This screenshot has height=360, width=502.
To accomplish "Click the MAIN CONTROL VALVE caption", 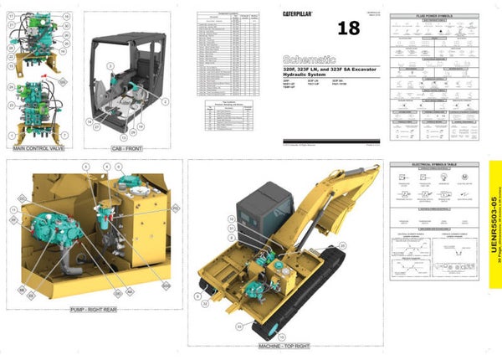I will coord(40,148).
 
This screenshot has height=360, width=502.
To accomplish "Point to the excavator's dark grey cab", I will coord(266,209).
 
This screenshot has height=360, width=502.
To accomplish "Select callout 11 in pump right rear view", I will coord(13,208).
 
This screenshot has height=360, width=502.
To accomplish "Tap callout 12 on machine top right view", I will coord(231,218).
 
